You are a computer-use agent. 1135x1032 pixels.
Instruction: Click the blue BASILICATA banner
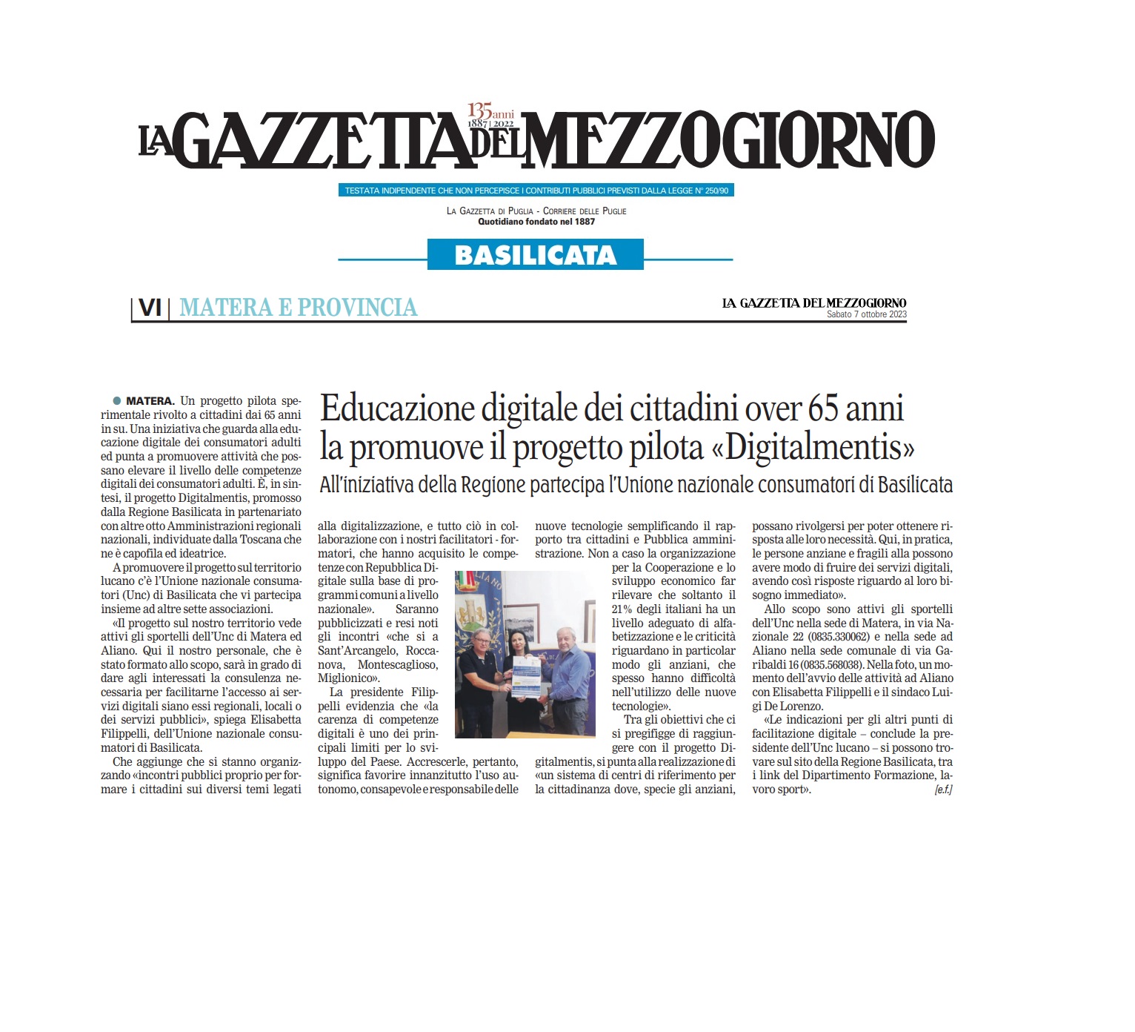click(535, 255)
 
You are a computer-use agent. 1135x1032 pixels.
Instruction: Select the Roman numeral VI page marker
click(150, 307)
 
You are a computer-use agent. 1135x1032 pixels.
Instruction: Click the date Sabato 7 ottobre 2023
click(866, 314)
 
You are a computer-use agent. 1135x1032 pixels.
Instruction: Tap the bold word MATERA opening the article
click(150, 401)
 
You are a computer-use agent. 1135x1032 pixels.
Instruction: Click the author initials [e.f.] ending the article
click(943, 790)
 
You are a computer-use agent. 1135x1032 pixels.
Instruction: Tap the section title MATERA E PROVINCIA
click(298, 307)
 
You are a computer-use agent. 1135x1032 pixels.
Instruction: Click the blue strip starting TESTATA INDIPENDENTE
click(536, 191)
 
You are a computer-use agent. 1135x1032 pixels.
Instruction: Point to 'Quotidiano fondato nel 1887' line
click(536, 222)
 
